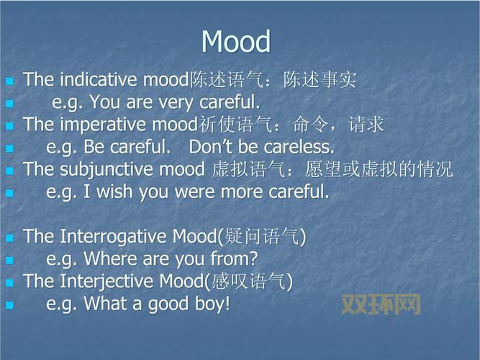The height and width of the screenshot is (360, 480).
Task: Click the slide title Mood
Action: click(x=236, y=42)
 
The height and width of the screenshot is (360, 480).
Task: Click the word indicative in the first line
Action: click(x=99, y=79)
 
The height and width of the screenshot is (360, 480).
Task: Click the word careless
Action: click(x=299, y=147)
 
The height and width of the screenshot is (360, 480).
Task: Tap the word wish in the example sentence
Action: click(x=114, y=192)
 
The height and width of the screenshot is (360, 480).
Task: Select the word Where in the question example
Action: click(x=107, y=258)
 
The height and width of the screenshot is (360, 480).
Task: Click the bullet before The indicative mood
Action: click(x=9, y=81)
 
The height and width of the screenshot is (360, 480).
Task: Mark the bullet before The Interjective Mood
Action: click(x=9, y=282)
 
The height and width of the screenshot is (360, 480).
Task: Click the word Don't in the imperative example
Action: click(x=209, y=147)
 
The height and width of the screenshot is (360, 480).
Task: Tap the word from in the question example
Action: click(x=233, y=258)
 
